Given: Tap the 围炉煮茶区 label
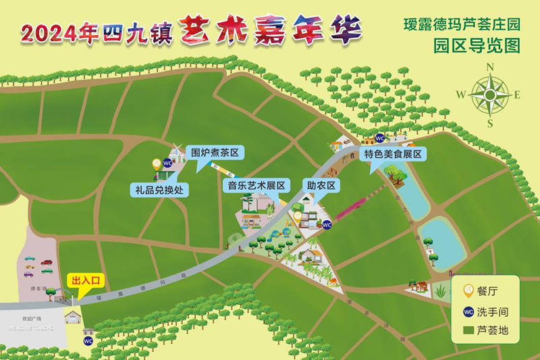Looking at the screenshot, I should pos(215,153).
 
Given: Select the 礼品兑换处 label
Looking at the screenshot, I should pos(158,190).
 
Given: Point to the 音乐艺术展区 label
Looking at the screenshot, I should pos(256,184).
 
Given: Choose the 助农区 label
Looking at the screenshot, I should pos(321,184).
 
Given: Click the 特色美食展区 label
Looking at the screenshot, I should pos(393,154).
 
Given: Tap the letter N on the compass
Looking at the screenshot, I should pos(491,66).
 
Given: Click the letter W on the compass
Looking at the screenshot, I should pos(460,95).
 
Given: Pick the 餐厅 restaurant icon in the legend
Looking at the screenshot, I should pos(466,292).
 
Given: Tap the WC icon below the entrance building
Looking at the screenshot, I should pos(88,340).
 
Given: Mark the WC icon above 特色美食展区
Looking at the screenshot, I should pos(379,138).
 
